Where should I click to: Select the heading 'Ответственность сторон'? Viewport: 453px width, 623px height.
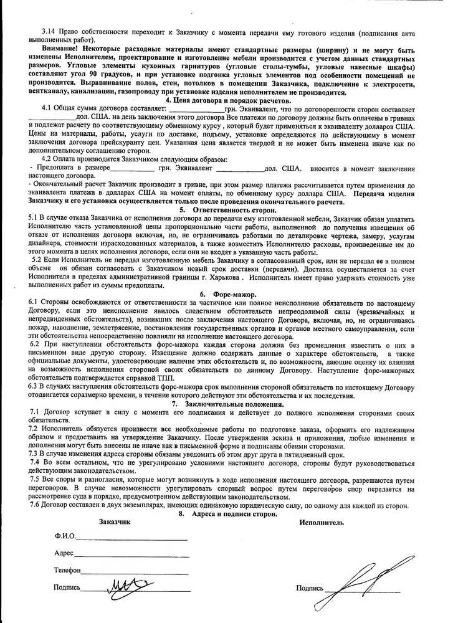(232, 210)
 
